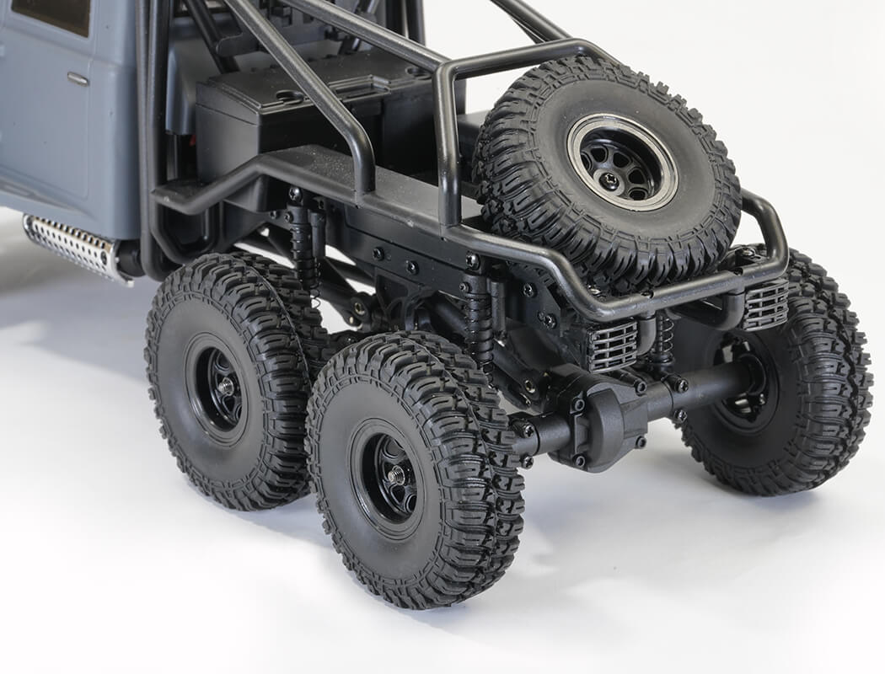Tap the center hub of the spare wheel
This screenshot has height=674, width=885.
coord(623,163)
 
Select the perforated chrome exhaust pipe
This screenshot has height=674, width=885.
coord(72,245)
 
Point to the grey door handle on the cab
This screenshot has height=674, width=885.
coord(78,79)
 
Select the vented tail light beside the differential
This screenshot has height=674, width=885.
coord(612,345)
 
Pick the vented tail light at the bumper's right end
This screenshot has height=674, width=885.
coord(765,303)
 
